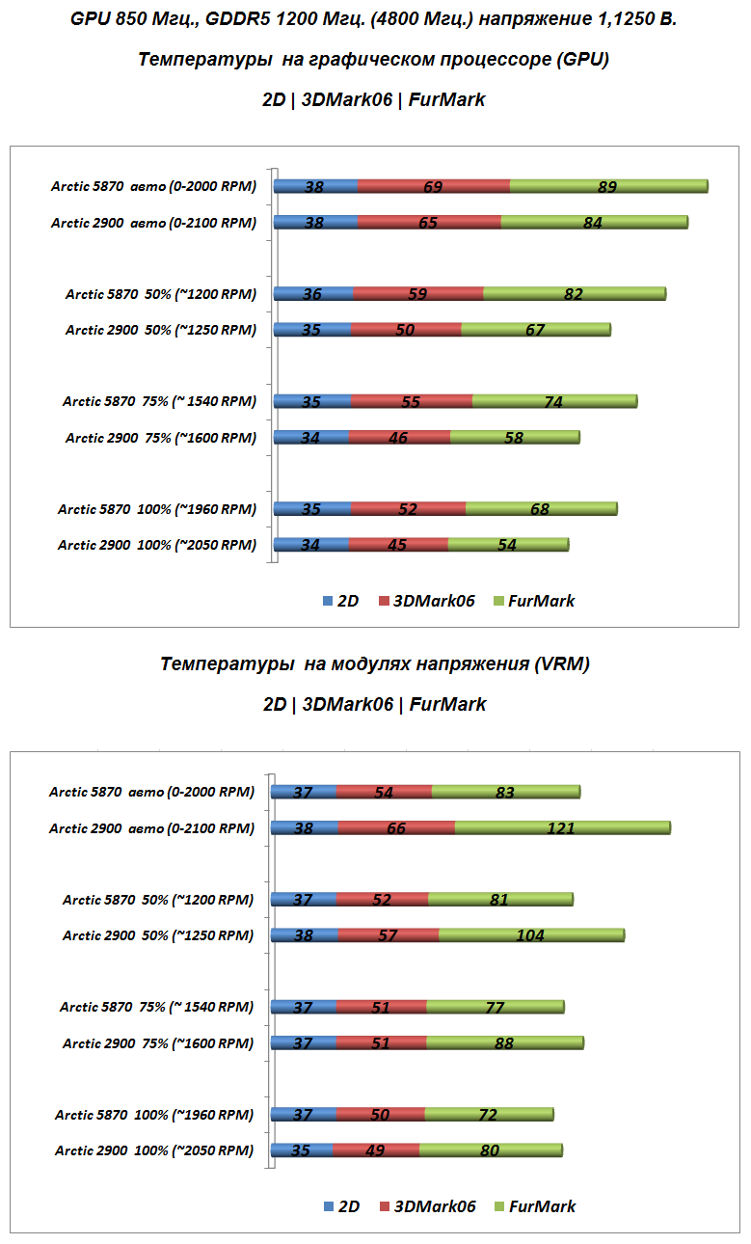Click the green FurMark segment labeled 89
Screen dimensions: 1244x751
tap(607, 186)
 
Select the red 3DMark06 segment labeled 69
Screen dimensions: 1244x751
tap(433, 186)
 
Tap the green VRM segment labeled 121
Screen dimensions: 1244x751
tap(561, 827)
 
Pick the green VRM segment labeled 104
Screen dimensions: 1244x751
tap(530, 934)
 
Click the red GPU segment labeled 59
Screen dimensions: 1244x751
tap(417, 294)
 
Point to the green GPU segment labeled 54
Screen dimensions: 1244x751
tap(507, 545)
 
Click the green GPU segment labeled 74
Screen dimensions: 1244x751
tap(553, 402)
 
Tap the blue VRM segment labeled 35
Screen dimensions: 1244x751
tap(302, 1149)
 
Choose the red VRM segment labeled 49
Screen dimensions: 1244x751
tap(376, 1149)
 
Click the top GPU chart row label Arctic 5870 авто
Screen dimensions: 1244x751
tap(154, 187)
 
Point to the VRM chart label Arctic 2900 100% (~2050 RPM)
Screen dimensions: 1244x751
tap(154, 1150)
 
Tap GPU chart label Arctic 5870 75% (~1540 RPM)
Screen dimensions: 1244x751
tap(160, 402)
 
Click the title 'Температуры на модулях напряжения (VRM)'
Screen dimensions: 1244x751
tap(375, 663)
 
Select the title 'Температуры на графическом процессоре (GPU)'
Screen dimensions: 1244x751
tap(374, 60)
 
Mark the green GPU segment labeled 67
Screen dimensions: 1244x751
tap(535, 330)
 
